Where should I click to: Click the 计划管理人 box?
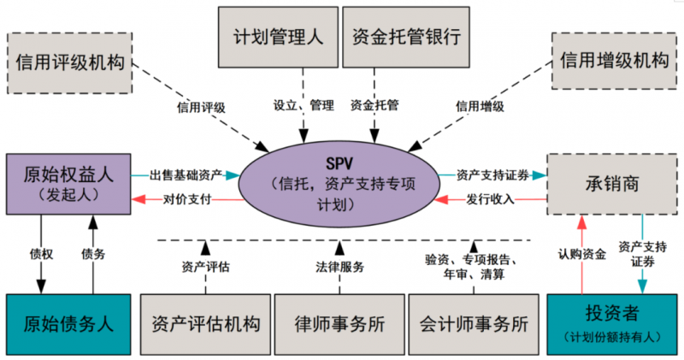(279, 37)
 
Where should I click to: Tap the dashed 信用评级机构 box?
(70, 62)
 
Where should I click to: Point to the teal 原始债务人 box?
(68, 324)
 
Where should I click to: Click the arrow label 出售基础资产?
(186, 175)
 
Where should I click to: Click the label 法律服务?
(339, 267)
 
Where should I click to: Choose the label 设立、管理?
(304, 107)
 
